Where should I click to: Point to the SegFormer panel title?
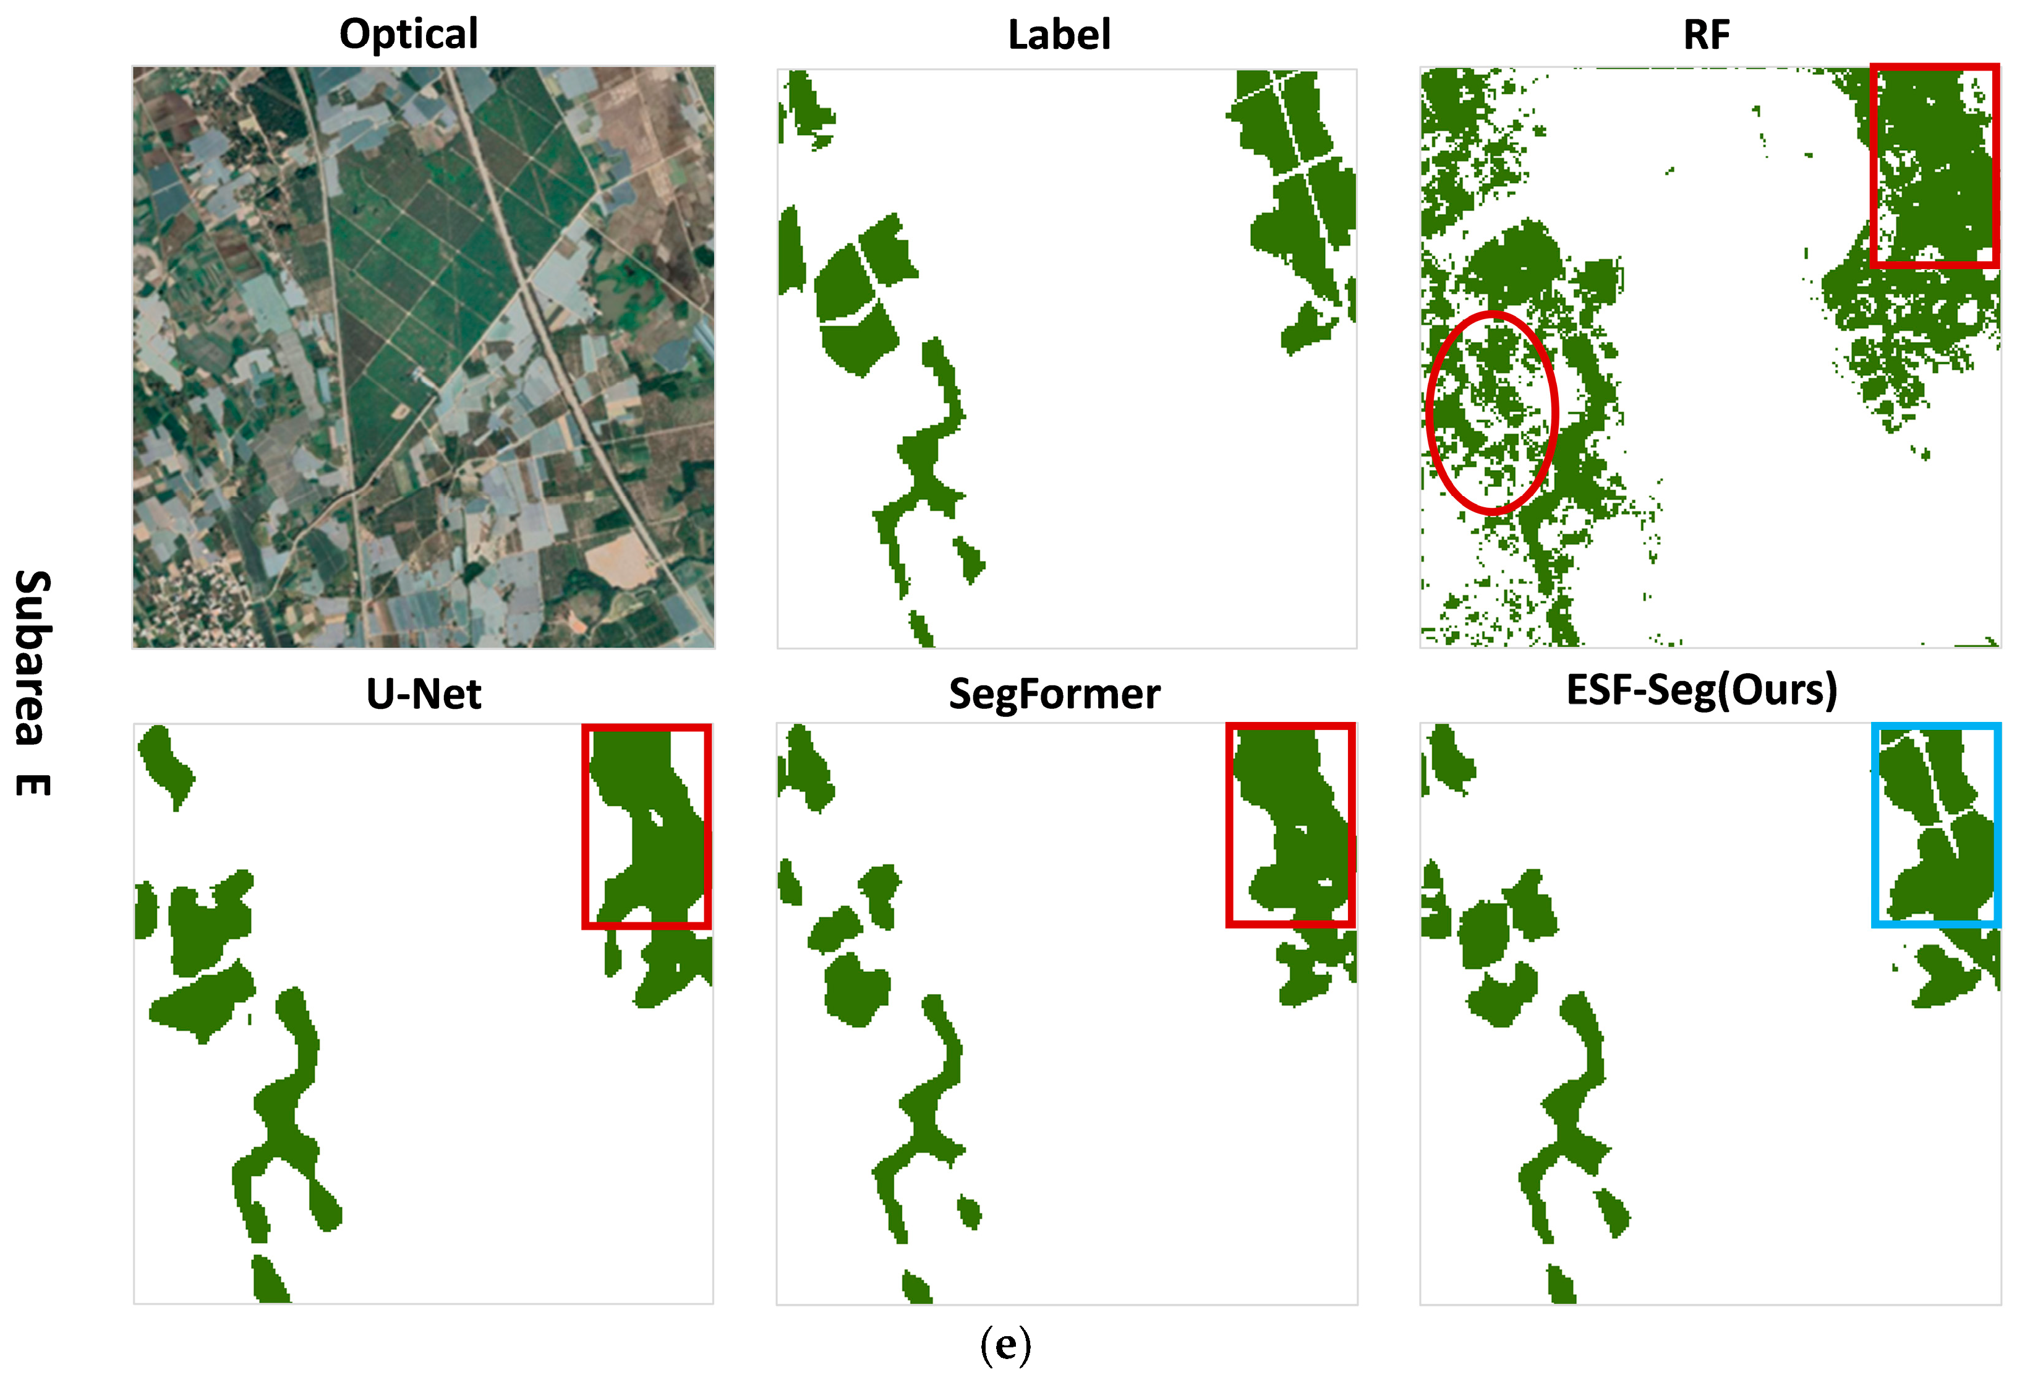[1054, 694]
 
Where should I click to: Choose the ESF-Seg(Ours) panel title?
[1701, 690]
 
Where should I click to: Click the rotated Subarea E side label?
[33, 683]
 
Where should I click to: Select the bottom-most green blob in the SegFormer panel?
[916, 1287]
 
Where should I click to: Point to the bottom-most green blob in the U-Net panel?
[270, 1281]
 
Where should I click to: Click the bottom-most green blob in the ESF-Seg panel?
[1561, 1285]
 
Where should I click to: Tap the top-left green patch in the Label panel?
[805, 109]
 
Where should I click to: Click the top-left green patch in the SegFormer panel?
[805, 766]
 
